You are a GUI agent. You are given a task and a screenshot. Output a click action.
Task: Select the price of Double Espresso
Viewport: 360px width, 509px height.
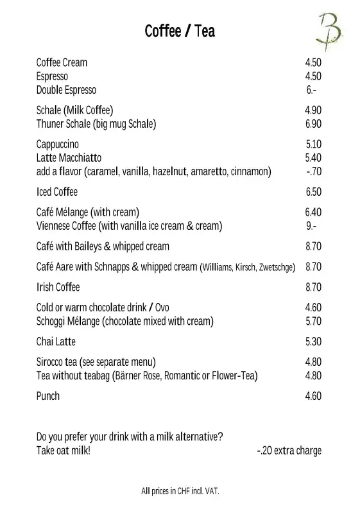click(x=312, y=90)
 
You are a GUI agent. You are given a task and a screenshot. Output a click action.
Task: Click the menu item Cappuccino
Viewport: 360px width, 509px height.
click(x=58, y=144)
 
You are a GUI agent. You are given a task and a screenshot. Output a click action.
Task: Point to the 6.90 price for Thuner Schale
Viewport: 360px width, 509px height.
click(x=313, y=124)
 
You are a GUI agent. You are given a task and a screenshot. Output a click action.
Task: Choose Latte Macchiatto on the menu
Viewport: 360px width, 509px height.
click(x=69, y=158)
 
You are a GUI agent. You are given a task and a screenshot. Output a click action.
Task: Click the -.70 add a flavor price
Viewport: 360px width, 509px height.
click(x=313, y=171)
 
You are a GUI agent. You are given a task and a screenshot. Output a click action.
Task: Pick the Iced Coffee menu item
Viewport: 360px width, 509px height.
click(x=57, y=192)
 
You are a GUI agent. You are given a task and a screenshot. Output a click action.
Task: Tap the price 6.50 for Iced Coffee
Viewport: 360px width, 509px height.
click(x=313, y=192)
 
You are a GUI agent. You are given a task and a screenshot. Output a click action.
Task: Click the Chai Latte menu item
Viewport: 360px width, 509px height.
click(x=56, y=341)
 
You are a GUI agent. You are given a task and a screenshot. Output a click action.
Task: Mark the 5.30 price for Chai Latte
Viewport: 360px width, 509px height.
click(x=313, y=341)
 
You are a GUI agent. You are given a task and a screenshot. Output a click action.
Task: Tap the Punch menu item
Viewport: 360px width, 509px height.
click(x=48, y=396)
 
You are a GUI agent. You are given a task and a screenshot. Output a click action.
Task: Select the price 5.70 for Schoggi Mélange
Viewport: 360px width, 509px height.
click(x=313, y=321)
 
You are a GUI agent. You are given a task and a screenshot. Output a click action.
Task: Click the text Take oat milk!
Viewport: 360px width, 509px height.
click(x=64, y=451)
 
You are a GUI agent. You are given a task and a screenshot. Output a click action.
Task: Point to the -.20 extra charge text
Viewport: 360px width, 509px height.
click(x=289, y=451)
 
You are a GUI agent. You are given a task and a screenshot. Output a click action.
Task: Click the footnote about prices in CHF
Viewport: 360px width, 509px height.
click(x=180, y=492)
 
